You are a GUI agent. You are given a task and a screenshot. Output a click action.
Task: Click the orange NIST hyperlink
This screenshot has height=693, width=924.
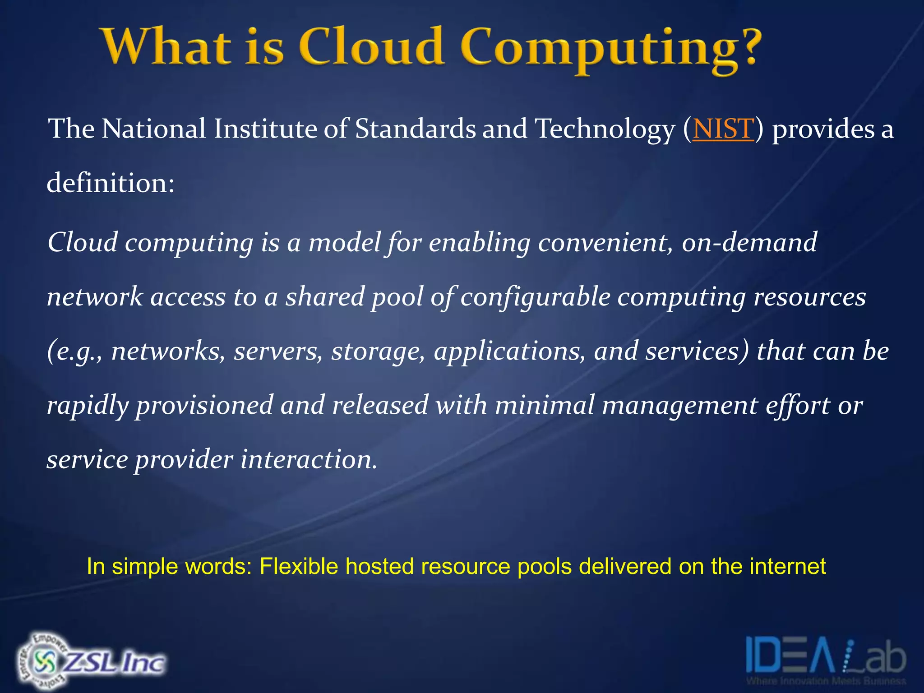723,129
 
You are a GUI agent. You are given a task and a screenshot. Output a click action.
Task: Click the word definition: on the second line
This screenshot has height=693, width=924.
111,183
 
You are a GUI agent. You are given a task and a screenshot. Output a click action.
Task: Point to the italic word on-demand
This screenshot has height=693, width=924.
749,242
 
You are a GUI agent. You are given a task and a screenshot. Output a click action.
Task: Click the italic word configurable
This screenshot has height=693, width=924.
535,297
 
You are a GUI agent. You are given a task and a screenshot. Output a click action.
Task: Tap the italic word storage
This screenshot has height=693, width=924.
378,351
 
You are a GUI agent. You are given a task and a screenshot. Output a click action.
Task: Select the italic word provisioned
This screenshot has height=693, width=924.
204,406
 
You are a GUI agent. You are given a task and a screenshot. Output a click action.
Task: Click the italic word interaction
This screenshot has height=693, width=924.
309,460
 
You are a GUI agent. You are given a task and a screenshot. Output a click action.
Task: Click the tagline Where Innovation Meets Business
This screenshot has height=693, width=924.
826,681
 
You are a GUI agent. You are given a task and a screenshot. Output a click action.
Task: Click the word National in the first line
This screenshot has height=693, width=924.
153,129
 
